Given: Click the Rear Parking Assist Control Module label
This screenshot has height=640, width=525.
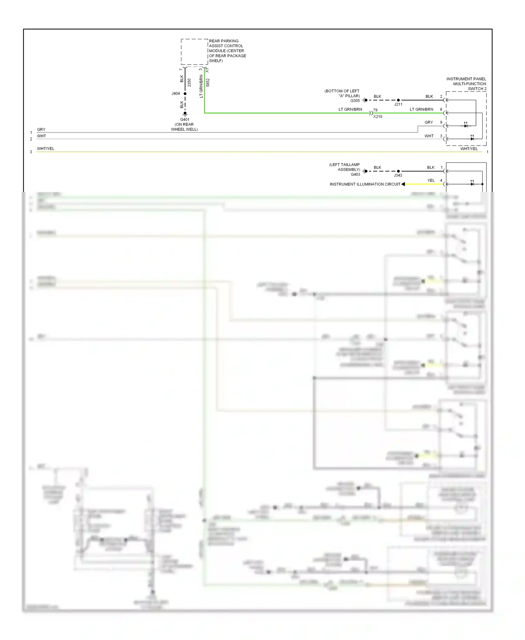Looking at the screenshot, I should [227, 51].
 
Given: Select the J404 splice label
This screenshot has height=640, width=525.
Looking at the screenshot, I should [176, 93].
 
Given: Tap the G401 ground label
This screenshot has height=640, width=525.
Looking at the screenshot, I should [185, 119].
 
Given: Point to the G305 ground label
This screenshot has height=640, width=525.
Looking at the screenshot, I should [355, 100].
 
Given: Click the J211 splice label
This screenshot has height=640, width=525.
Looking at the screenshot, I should [398, 104].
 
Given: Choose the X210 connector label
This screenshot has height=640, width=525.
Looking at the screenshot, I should [378, 117].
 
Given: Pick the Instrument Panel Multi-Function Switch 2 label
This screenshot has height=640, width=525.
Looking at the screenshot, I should [466, 84].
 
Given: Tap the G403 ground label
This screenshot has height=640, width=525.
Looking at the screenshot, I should [355, 174].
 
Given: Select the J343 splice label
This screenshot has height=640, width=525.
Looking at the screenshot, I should [398, 175].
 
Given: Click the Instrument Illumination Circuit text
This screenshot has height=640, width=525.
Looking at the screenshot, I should [365, 184].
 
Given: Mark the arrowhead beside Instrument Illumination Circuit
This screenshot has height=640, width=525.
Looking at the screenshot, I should [403, 184].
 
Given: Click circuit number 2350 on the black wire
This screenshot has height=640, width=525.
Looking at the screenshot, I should [189, 83].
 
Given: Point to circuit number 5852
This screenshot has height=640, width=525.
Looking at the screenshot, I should [208, 83].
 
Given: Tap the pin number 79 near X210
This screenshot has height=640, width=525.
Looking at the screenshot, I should [375, 110].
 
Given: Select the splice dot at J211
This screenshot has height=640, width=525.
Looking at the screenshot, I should [398, 100].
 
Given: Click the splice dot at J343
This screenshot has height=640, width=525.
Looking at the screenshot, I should [398, 171].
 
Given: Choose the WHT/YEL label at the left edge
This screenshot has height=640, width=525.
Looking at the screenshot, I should [45, 148].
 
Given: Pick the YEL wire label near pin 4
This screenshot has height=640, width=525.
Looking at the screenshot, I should [431, 181].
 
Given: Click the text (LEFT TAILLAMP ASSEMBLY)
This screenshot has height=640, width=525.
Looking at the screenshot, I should [345, 167].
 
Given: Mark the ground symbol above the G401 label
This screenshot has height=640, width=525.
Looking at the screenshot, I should [185, 113].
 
